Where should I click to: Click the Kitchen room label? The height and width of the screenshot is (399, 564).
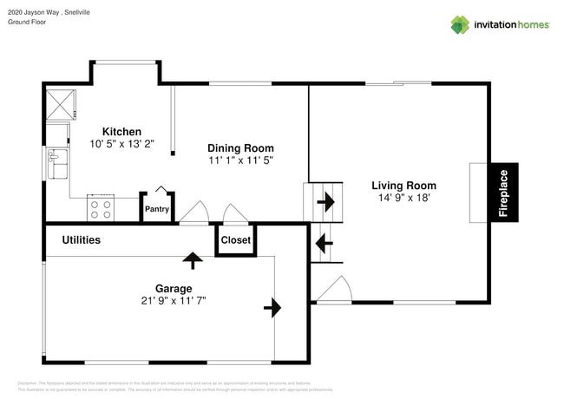click(121, 132)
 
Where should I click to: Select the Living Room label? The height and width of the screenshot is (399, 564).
click(403, 186)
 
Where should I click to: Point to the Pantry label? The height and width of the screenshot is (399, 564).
click(157, 209)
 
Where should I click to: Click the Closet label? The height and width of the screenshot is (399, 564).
click(235, 240)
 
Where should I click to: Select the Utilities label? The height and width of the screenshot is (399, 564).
click(81, 240)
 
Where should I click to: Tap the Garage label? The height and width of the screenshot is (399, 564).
click(174, 288)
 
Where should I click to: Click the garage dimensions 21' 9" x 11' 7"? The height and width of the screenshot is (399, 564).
click(174, 301)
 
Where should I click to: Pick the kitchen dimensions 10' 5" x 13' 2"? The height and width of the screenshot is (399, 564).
click(121, 144)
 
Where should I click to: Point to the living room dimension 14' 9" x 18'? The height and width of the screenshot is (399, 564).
click(403, 199)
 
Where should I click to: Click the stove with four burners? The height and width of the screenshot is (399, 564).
click(101, 208)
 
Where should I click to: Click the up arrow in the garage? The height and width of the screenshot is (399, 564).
click(192, 258)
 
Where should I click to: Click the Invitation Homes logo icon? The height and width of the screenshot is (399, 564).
click(459, 25)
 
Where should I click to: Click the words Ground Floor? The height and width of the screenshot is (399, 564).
click(27, 22)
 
